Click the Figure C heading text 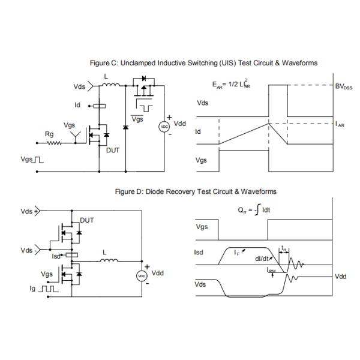[x=203, y=62]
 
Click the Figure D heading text [x=196, y=191]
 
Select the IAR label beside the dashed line [x=340, y=125]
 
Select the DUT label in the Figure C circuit [x=113, y=151]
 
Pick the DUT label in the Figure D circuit [x=87, y=220]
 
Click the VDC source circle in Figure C [x=162, y=127]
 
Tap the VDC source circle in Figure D [x=142, y=275]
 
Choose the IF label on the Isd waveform [x=238, y=253]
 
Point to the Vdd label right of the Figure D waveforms [x=340, y=277]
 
